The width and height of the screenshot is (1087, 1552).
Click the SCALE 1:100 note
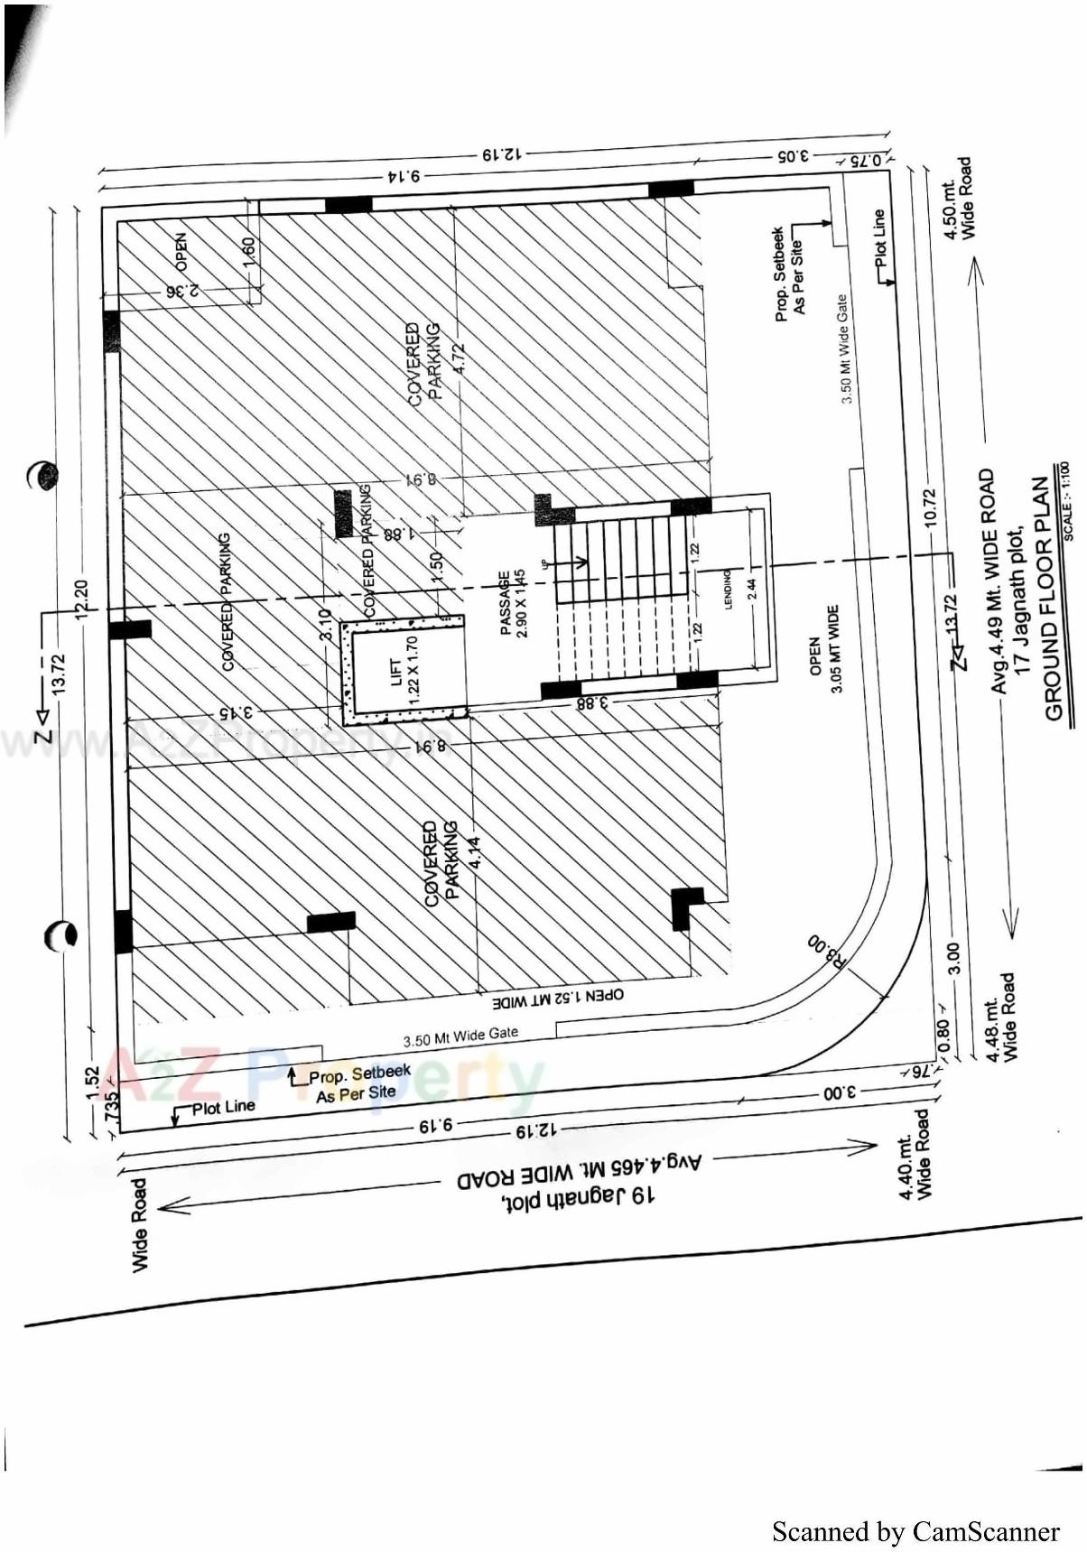[x=1067, y=501]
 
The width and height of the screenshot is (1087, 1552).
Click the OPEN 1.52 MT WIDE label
[x=557, y=999]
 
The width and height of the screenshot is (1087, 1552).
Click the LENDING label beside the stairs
[x=728, y=588]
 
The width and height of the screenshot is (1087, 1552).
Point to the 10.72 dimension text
[x=931, y=507]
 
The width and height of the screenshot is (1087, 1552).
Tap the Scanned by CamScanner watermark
[x=915, y=1531]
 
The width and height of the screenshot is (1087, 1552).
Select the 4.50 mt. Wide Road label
[x=958, y=199]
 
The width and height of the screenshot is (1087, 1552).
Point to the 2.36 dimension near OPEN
[x=181, y=291]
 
